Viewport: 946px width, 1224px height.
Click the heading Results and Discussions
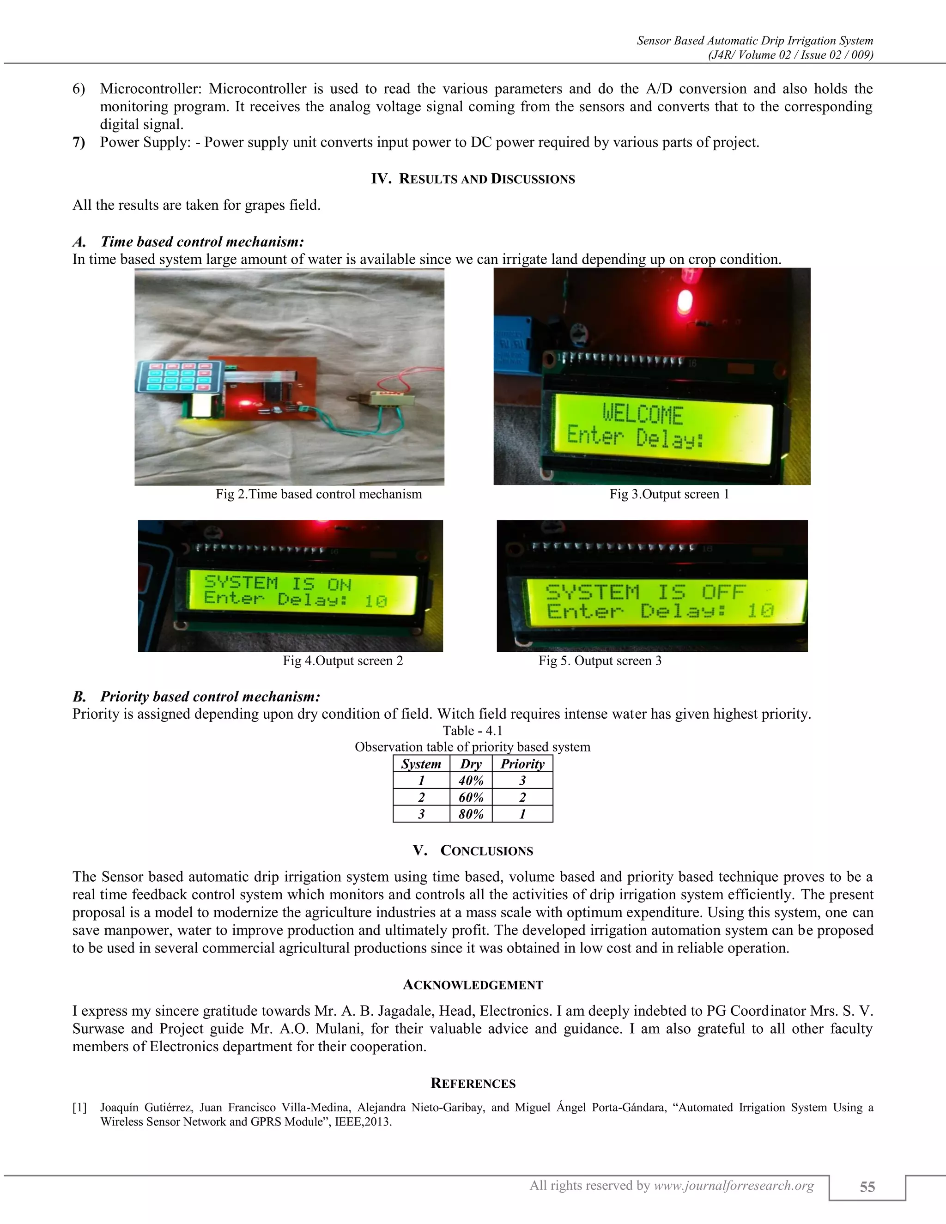(x=473, y=179)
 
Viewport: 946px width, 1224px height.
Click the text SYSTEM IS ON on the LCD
(x=278, y=583)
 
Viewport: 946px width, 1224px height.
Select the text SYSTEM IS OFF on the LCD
(x=645, y=592)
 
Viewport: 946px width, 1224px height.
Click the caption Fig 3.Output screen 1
(x=669, y=494)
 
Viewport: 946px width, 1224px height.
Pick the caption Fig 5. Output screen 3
(x=600, y=661)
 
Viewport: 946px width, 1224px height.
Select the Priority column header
(x=522, y=764)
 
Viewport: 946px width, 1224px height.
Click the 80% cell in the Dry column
(x=471, y=814)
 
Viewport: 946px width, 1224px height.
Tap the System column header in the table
(x=421, y=764)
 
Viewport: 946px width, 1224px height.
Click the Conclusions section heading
(x=473, y=851)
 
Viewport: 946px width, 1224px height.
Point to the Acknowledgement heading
(x=473, y=985)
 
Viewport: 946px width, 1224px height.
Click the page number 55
(x=867, y=1187)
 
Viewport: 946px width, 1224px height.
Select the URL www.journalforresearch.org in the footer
(x=734, y=1185)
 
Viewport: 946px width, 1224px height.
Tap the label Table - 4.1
(x=473, y=731)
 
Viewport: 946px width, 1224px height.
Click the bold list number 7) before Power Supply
(x=79, y=142)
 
